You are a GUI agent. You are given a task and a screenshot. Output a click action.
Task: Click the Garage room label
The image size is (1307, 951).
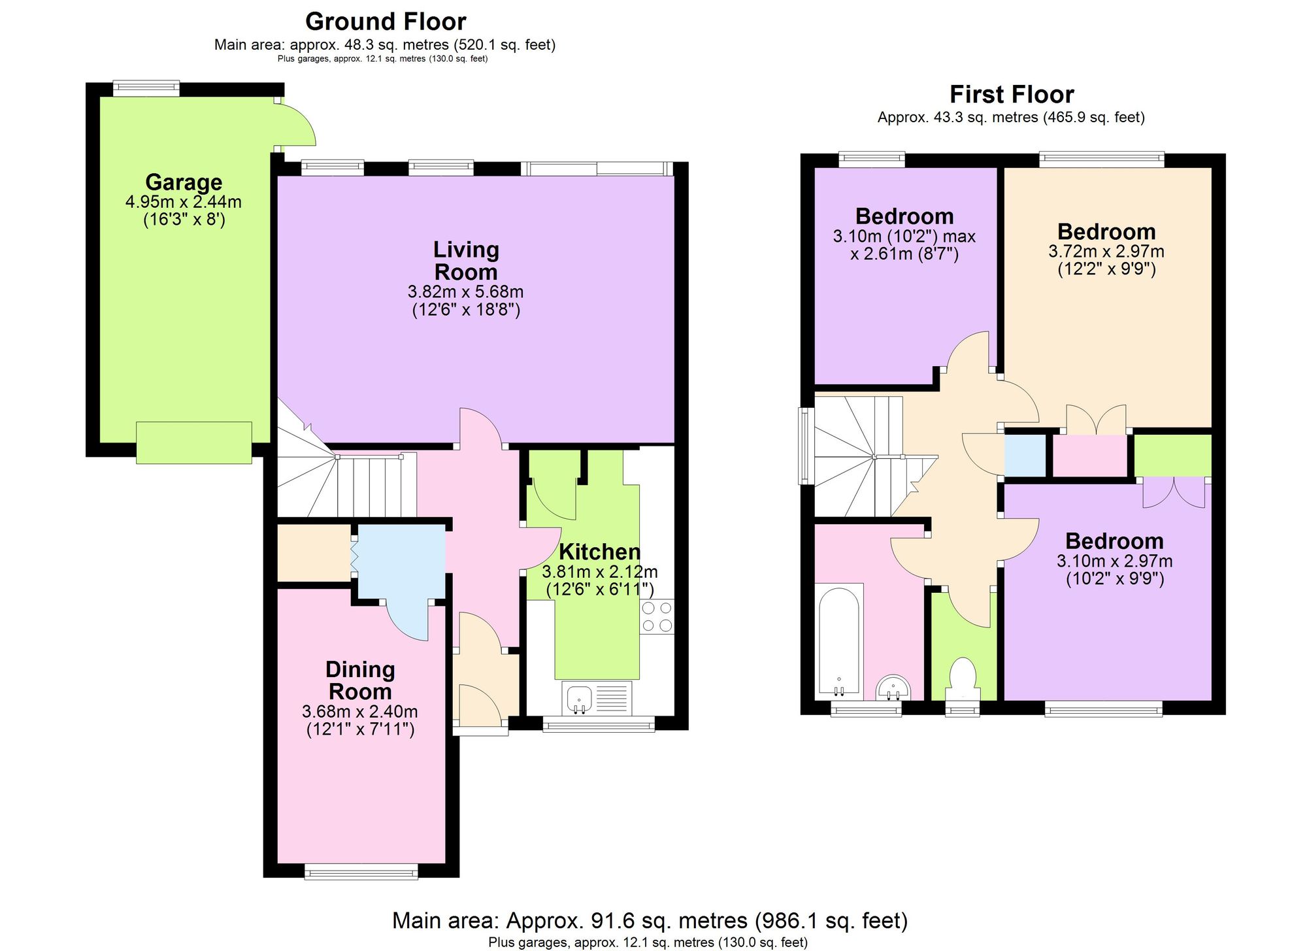184,182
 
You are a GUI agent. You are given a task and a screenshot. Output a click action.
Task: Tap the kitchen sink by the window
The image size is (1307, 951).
580,698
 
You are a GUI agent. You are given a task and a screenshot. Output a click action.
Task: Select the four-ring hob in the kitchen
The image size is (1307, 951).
657,617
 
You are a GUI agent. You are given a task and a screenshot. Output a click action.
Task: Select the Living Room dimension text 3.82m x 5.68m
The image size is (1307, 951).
465,292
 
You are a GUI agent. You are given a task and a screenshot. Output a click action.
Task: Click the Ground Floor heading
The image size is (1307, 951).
386,22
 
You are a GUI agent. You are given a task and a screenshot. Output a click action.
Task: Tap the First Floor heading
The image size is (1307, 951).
1011,94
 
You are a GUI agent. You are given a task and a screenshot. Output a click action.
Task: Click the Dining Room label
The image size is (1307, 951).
360,680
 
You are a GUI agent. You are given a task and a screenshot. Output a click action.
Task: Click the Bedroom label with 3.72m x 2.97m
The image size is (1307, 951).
1106,231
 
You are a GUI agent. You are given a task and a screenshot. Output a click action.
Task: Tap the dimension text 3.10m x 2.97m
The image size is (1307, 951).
1114,561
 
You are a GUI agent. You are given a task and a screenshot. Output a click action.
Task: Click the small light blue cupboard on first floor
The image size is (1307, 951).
1024,455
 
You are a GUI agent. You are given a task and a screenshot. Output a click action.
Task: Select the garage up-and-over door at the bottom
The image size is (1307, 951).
194,442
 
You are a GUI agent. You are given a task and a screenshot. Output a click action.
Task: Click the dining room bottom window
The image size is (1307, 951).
361,871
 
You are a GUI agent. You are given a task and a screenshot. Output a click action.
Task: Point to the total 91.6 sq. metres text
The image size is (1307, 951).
650,920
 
